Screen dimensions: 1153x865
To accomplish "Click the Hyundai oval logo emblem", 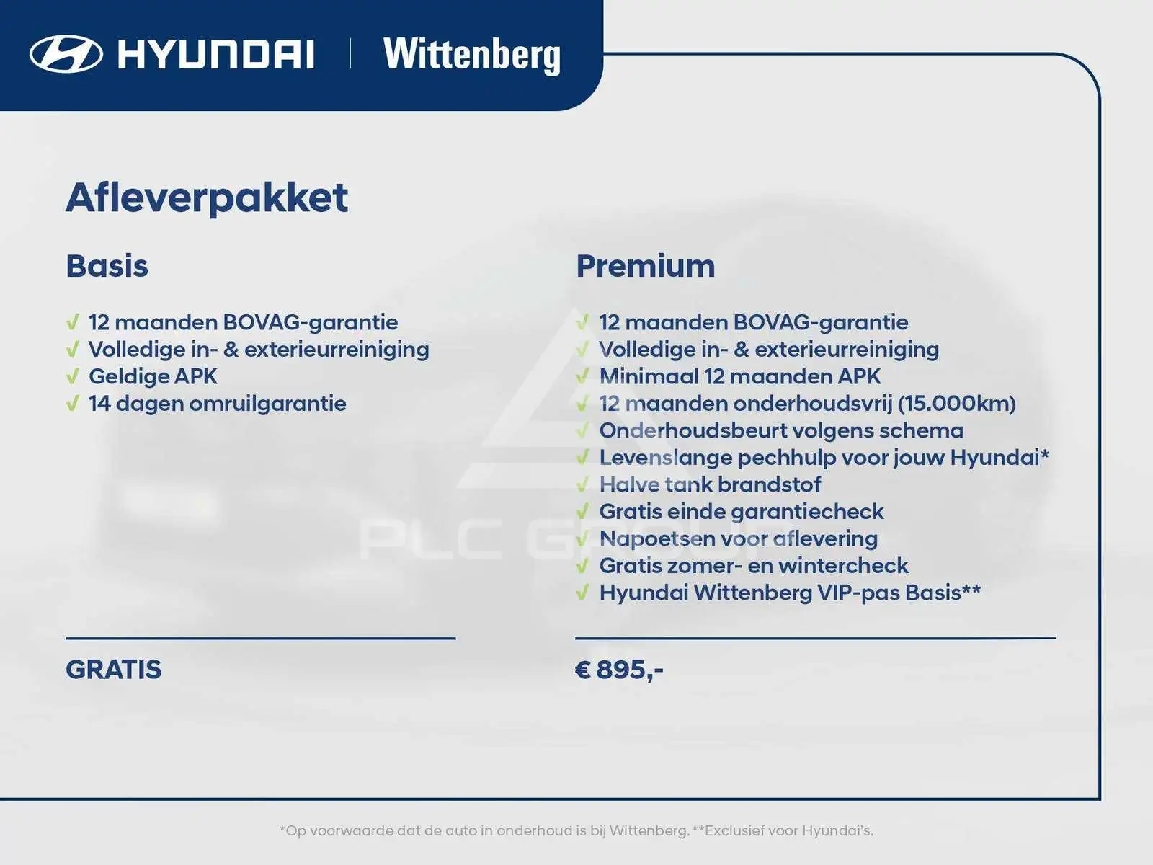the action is (66, 53).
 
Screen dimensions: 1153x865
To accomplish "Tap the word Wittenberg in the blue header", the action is (472, 56).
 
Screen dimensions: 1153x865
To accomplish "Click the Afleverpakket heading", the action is (207, 198).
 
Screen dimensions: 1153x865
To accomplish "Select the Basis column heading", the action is (107, 266).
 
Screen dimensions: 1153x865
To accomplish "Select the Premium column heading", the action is (646, 266).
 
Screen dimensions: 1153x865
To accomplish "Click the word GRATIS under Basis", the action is (113, 669).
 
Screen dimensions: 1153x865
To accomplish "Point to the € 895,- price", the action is (619, 670).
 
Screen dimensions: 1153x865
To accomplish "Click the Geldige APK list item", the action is (153, 376).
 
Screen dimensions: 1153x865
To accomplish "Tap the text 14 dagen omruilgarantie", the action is (218, 404).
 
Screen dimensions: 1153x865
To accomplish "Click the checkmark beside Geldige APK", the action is (73, 376).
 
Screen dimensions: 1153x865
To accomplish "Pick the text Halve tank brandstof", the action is (711, 484).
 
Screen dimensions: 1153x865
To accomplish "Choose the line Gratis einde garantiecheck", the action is (742, 512).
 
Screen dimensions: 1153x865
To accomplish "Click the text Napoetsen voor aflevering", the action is (739, 538).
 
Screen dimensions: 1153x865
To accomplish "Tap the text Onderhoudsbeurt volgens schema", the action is (782, 430).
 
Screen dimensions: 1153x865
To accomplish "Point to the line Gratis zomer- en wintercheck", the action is (754, 566).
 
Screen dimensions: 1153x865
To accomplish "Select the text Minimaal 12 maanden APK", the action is (740, 376).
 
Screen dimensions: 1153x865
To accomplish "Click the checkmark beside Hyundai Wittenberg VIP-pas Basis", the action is (582, 593).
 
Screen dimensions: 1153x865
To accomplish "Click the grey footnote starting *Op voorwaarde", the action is (576, 830).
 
